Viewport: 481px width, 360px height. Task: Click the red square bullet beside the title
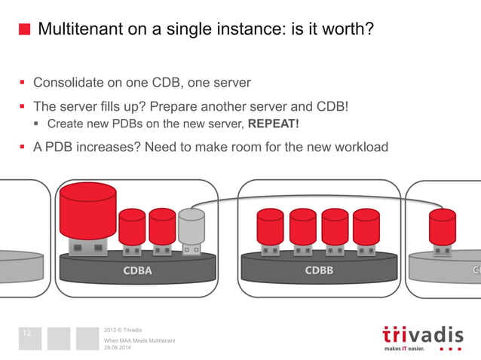(x=25, y=30)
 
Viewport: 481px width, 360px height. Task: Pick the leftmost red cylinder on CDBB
(x=270, y=227)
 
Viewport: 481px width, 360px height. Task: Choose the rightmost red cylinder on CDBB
(x=366, y=227)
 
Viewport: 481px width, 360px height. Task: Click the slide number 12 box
(x=30, y=337)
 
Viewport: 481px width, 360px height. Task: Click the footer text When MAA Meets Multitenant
(x=139, y=340)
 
